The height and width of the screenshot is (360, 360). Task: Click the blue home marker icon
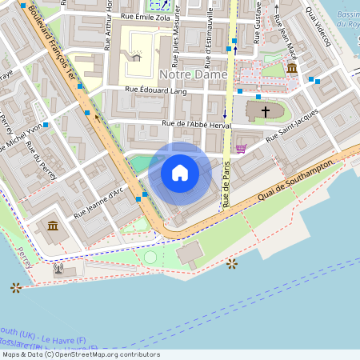click(x=179, y=173)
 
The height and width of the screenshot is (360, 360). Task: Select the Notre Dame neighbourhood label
click(x=193, y=74)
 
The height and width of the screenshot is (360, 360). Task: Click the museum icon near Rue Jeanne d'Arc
click(x=53, y=227)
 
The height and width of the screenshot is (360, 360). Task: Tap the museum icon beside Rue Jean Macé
click(x=292, y=70)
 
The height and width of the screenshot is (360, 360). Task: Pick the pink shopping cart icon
click(x=241, y=148)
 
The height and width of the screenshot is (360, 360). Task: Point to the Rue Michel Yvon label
click(x=22, y=141)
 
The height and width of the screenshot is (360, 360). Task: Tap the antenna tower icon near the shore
click(x=58, y=268)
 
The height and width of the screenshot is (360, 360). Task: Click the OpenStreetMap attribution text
click(x=80, y=354)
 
